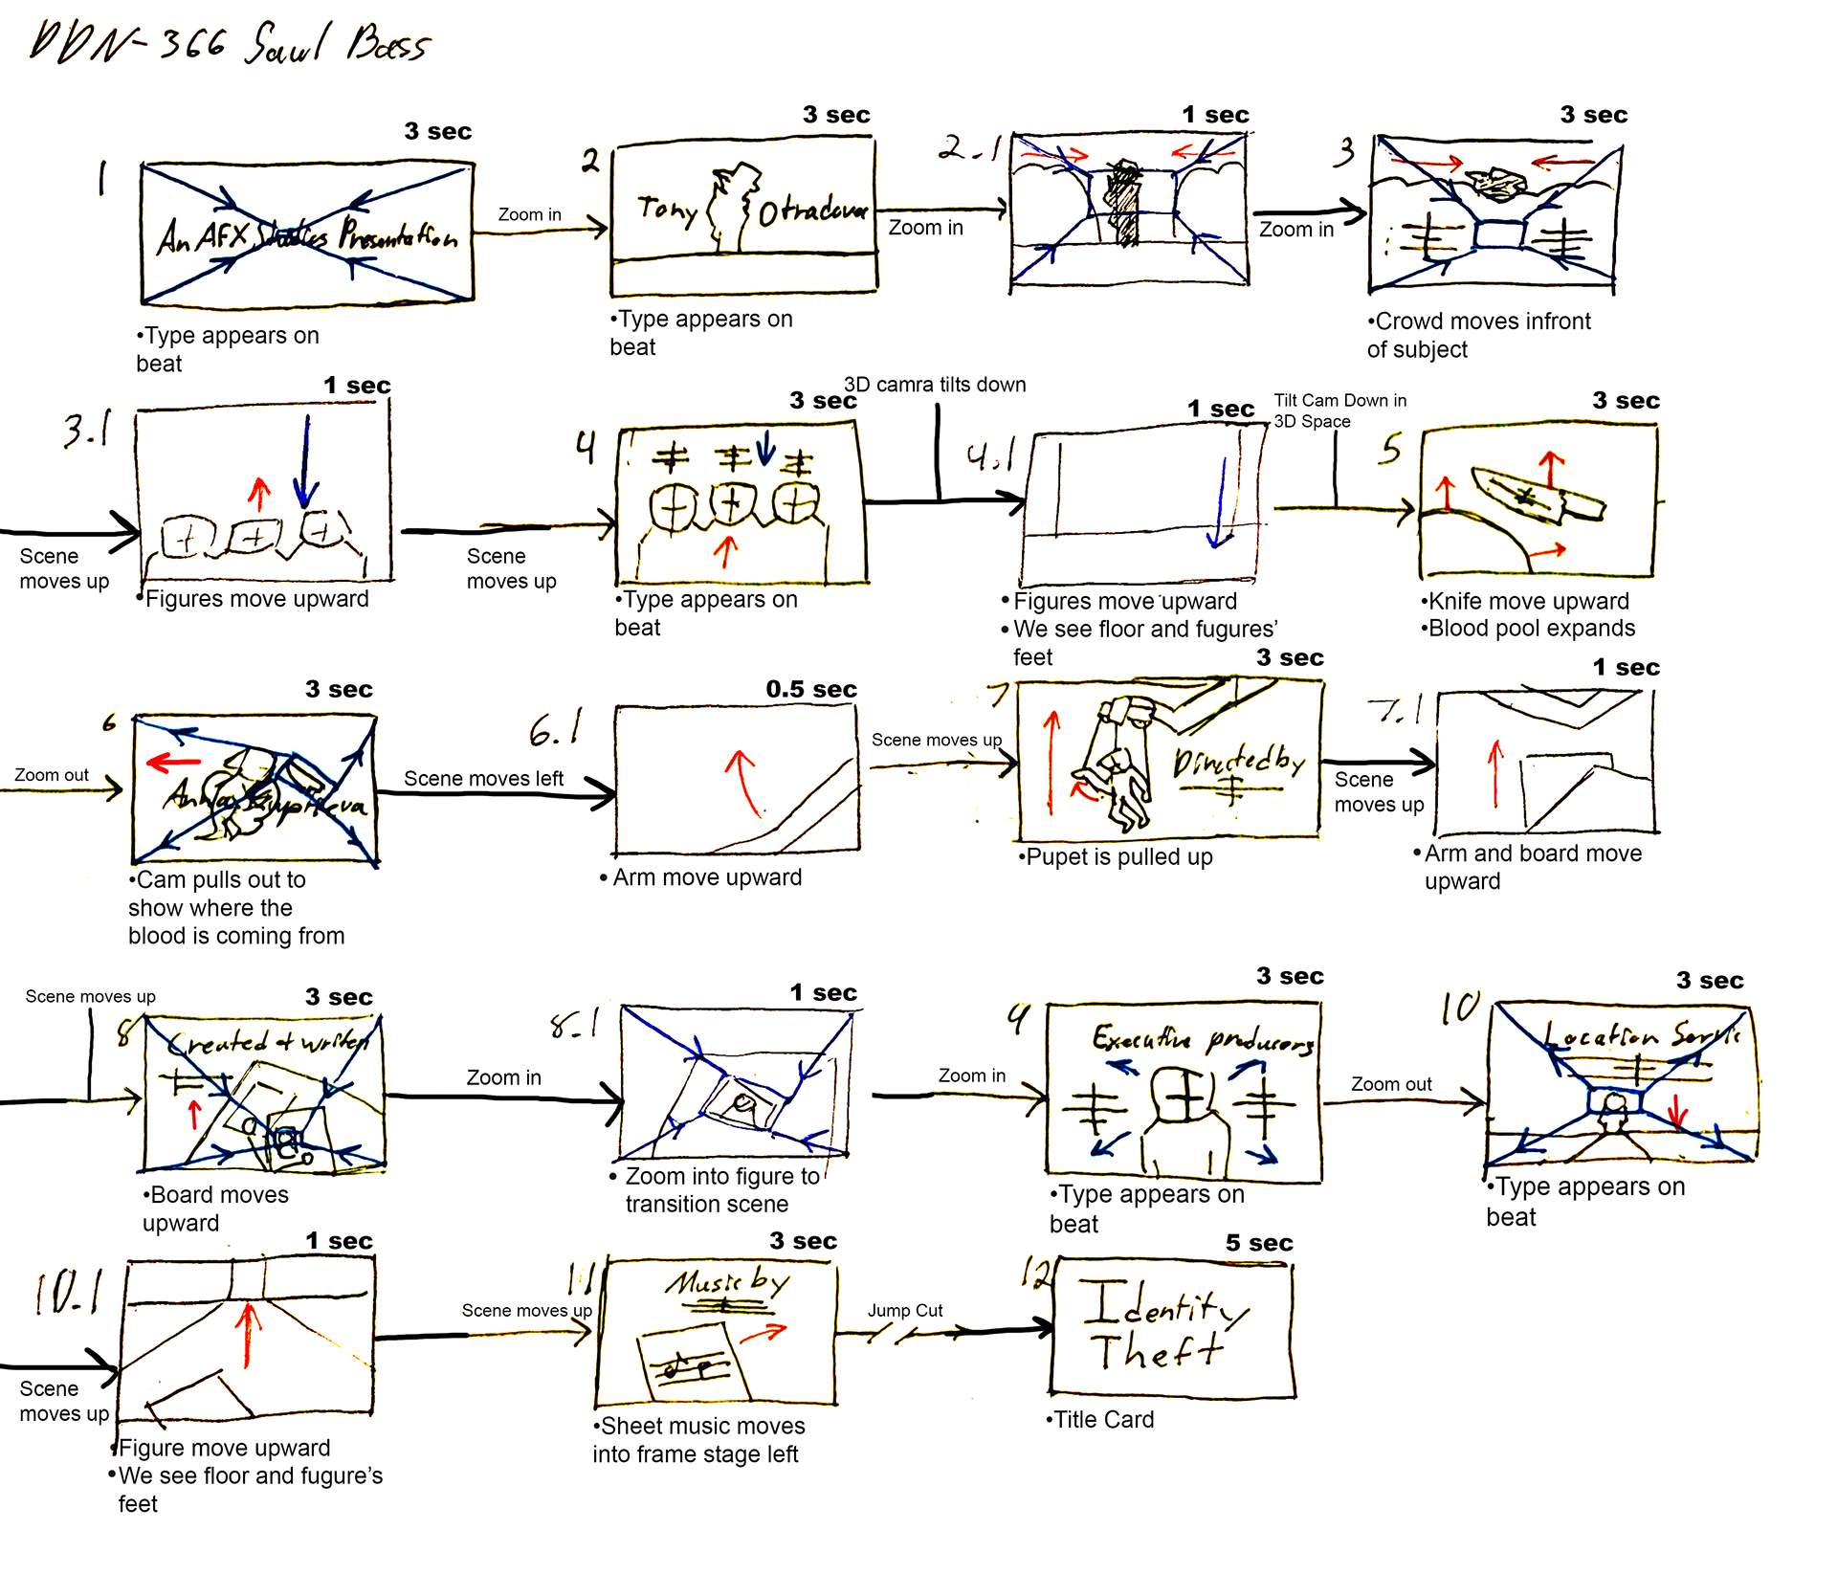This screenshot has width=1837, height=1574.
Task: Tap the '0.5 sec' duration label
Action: coord(810,689)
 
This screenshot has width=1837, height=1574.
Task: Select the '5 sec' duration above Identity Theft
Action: coord(1258,1243)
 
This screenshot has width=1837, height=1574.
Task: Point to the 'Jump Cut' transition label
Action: coord(904,1310)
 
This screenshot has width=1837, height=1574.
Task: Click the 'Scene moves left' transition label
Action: coord(483,779)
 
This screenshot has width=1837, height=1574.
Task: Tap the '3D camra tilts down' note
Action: coord(934,385)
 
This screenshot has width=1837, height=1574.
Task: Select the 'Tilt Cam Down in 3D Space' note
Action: coord(1339,410)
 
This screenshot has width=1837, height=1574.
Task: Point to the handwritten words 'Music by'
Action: coord(728,1282)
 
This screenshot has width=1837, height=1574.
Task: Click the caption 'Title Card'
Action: coord(1102,1420)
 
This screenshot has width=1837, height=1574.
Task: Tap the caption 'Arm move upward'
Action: coord(706,877)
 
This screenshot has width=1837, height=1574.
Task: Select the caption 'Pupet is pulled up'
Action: coord(1118,857)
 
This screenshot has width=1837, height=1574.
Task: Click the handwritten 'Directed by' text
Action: coord(1238,763)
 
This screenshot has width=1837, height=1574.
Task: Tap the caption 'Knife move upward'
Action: coord(1527,601)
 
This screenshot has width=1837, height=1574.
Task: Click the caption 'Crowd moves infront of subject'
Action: coord(1478,335)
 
